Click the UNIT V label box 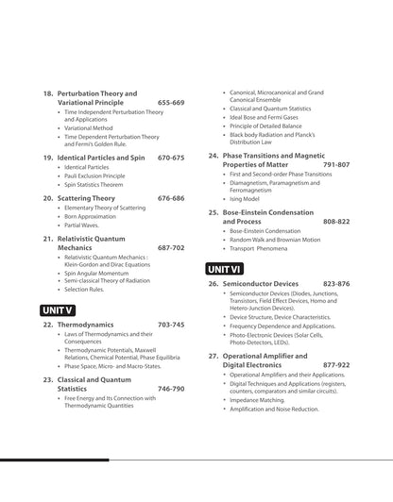[58, 310]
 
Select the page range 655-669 [171, 102]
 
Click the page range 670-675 [171, 158]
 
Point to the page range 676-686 [171, 198]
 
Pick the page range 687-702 [171, 247]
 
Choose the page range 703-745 [171, 325]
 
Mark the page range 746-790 [171, 388]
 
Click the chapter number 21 [47, 239]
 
